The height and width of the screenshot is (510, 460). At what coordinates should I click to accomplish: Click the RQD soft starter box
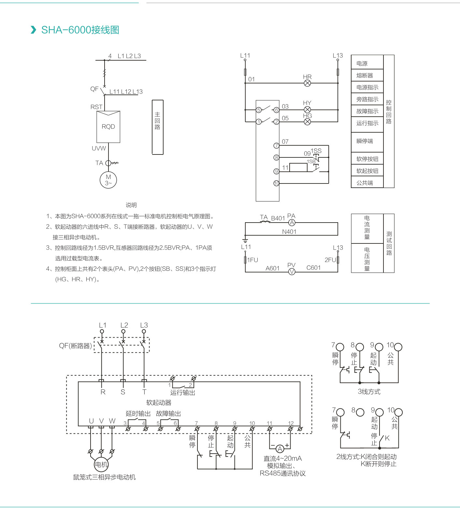108,127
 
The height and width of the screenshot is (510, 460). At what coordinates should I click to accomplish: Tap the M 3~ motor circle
108,180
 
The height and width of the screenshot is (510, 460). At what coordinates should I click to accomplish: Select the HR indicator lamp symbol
307,83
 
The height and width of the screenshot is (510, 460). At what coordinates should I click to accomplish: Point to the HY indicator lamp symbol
307,110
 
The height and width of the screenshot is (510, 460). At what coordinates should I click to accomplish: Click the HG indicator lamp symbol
307,122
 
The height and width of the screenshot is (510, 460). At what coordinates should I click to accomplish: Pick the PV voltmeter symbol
292,271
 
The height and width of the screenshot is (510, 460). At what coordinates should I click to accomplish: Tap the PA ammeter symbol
292,223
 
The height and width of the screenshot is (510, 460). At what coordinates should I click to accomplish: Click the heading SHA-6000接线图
80,30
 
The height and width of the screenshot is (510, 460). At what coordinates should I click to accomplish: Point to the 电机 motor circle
101,464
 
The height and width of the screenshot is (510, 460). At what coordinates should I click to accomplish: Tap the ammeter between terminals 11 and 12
280,449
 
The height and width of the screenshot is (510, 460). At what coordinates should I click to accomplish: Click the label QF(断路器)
76,346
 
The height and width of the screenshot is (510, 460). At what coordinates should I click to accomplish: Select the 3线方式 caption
369,392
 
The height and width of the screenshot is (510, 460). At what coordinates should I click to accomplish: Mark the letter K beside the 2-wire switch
387,438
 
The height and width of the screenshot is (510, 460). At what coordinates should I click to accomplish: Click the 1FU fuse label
252,260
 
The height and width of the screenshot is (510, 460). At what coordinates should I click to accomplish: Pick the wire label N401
289,232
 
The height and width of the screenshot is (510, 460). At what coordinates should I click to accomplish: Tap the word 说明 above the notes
131,205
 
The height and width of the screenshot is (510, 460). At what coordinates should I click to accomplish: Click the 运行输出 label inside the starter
182,393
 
